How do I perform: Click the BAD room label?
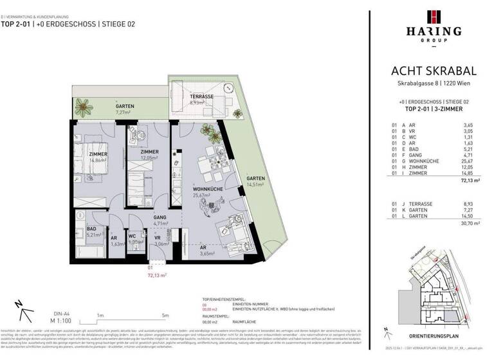click(x=91, y=229)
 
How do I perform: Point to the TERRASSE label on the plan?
click(x=202, y=96)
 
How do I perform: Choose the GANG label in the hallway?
click(x=160, y=218)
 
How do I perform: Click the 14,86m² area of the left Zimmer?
click(x=98, y=161)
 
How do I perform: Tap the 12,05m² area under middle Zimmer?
click(x=149, y=157)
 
